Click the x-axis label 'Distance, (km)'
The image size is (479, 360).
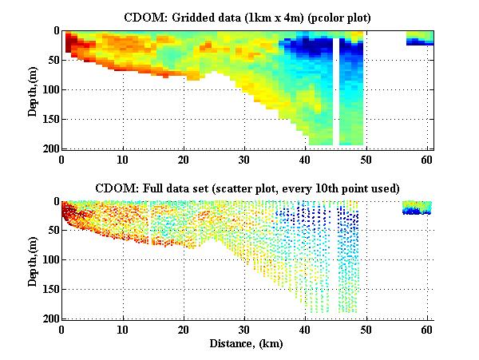[247, 342]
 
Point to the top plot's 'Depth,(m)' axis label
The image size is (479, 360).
[33, 89]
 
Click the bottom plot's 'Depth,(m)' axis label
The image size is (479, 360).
[33, 260]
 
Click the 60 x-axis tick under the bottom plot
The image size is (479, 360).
[428, 329]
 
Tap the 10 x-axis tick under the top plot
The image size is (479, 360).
[123, 158]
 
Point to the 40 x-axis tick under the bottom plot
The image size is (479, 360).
[306, 329]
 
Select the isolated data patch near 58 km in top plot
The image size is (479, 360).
[419, 38]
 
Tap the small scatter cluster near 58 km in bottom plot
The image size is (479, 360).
[416, 208]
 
